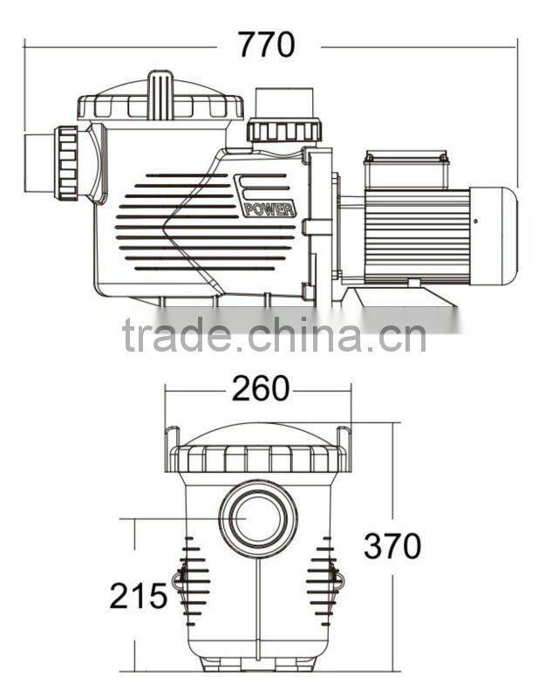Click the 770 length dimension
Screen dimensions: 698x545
point(267,44)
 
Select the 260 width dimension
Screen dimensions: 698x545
point(260,390)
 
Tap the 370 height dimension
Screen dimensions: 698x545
point(392,546)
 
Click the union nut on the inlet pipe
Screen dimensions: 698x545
point(66,163)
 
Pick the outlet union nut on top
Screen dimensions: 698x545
point(283,131)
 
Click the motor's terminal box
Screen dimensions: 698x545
point(406,169)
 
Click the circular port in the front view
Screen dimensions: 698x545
point(258,518)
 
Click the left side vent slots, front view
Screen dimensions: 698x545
point(195,580)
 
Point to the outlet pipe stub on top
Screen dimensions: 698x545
point(283,101)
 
